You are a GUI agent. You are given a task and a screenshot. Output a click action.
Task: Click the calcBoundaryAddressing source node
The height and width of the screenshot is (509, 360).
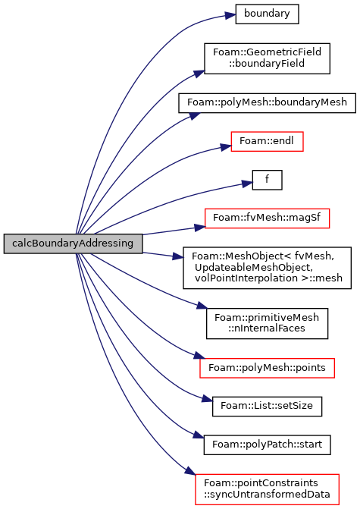click(73, 244)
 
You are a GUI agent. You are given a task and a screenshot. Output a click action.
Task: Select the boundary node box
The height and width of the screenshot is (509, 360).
click(267, 14)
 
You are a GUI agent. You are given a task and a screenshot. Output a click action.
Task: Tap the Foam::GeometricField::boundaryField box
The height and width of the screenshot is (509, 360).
click(267, 58)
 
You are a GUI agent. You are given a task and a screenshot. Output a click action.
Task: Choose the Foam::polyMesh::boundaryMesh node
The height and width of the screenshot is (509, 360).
click(267, 103)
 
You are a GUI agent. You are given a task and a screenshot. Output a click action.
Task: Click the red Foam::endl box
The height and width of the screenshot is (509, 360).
click(267, 141)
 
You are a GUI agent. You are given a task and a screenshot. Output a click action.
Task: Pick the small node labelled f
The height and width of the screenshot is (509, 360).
click(267, 180)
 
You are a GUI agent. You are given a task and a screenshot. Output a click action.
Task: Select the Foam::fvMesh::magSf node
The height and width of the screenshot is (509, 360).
click(267, 218)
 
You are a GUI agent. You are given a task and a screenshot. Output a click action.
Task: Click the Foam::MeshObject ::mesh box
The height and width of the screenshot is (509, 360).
click(267, 268)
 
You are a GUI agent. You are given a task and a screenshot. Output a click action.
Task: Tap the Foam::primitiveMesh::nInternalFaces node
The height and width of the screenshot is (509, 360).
click(267, 324)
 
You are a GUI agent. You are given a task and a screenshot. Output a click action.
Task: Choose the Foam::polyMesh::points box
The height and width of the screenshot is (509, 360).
click(267, 368)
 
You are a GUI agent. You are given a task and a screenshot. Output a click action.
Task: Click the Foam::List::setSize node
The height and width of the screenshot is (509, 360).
click(267, 406)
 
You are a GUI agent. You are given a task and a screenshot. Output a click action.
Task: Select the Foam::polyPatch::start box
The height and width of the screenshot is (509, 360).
click(267, 445)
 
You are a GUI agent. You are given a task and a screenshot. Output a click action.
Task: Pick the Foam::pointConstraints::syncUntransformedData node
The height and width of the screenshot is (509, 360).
click(267, 489)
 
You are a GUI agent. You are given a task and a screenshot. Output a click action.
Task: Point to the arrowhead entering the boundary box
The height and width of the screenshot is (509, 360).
click(230, 15)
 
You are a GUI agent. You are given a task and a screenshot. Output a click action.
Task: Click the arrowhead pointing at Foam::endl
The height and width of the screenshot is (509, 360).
click(226, 147)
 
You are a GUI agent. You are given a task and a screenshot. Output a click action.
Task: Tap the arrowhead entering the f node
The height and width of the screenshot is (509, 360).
click(247, 184)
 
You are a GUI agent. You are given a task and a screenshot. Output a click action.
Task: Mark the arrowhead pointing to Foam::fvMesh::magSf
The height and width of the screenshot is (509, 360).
click(200, 228)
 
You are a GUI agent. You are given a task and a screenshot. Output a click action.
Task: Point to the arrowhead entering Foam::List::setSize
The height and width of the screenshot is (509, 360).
click(207, 398)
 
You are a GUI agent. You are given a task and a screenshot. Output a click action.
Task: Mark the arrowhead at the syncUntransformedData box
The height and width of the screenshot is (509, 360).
click(191, 471)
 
